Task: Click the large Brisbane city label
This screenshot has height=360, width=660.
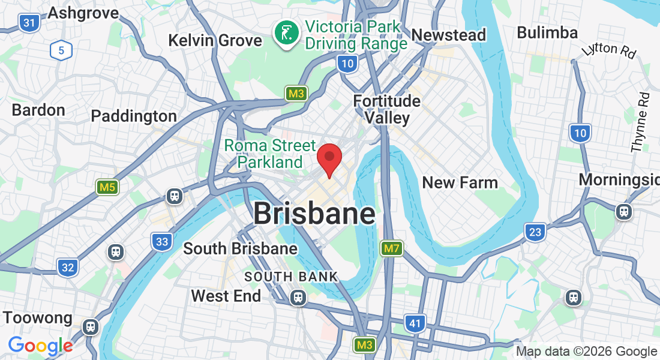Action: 314,214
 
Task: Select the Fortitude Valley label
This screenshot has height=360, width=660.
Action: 387,109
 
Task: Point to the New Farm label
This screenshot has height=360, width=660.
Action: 460,182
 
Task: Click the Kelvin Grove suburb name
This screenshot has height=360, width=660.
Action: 215,40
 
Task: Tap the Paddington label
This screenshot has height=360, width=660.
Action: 134,116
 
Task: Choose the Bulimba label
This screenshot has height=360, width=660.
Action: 547,32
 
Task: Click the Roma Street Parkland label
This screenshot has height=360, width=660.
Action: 270,154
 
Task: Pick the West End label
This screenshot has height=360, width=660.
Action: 226,296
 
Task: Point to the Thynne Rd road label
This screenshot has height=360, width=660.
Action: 640,122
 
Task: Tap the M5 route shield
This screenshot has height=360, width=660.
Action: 107,187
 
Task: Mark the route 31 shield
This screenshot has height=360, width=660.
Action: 29,23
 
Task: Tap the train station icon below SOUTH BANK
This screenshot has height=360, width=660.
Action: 298,297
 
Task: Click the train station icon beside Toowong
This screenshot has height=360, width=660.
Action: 91,326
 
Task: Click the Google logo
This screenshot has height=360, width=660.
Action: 40,346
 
